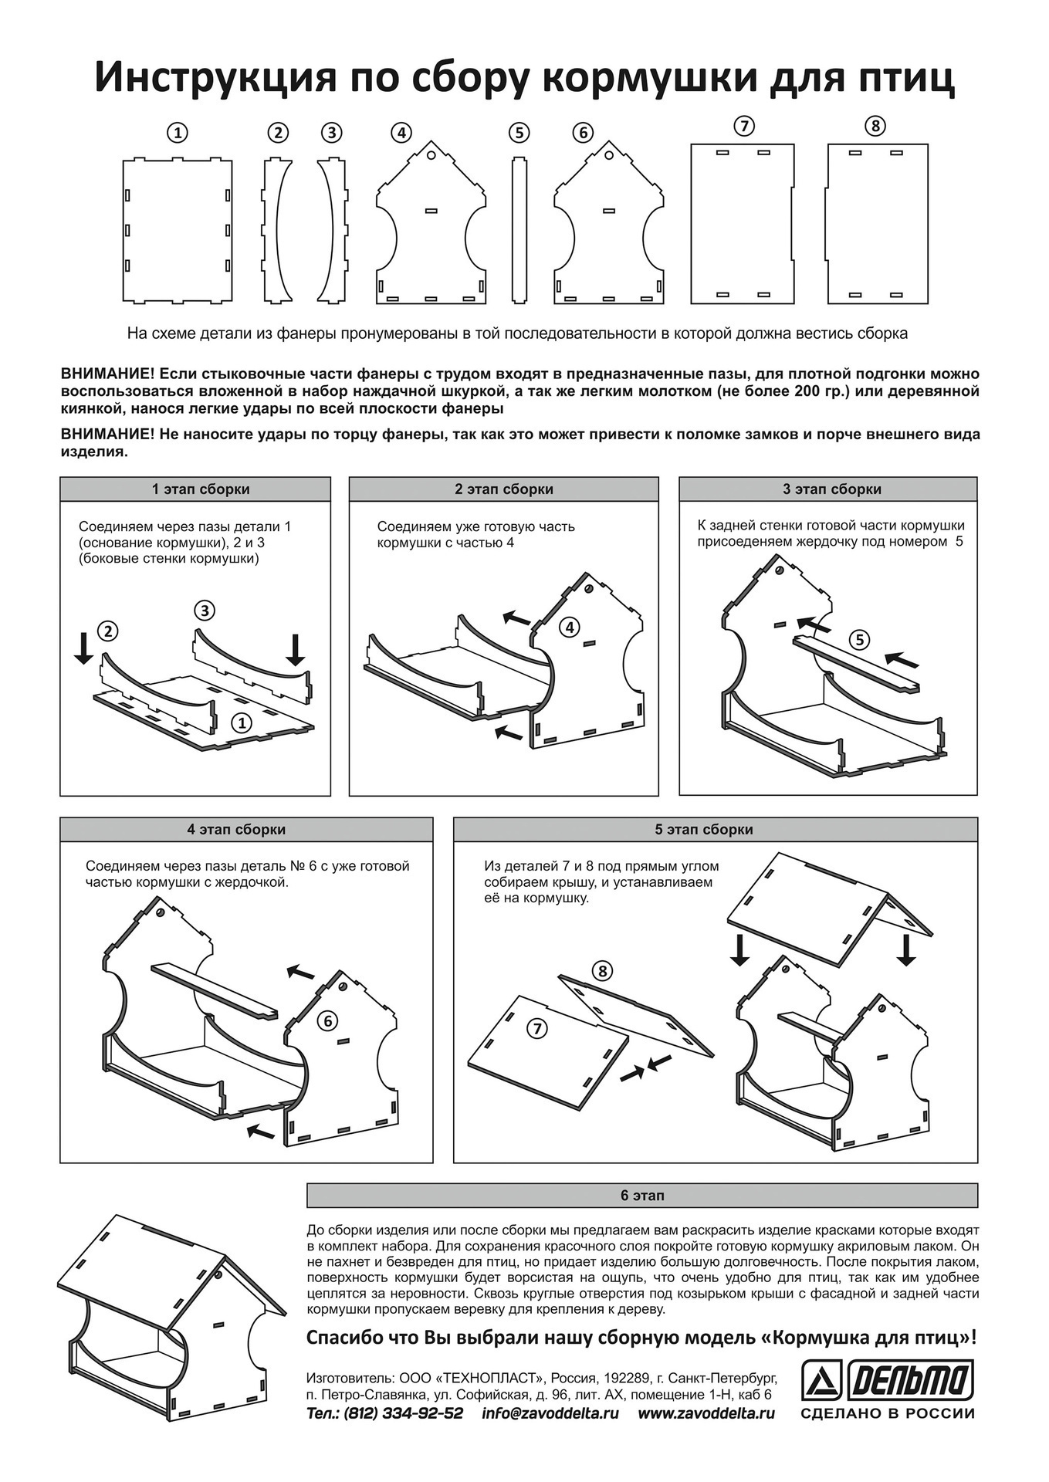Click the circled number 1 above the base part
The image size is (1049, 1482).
tap(178, 133)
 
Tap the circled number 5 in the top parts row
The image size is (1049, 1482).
tap(519, 133)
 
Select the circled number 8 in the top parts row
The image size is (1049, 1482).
tap(875, 126)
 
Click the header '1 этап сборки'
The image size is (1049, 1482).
tap(195, 489)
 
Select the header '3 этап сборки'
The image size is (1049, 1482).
tap(827, 489)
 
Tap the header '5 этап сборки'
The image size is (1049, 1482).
tap(715, 830)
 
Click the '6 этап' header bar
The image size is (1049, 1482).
tap(642, 1196)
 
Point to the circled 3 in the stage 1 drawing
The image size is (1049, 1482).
tap(204, 611)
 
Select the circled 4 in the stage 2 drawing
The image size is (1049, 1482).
tap(570, 627)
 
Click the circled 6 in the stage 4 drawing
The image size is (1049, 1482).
tap(327, 1020)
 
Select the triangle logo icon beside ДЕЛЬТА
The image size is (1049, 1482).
tap(821, 1380)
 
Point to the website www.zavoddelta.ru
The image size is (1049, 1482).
tap(706, 1413)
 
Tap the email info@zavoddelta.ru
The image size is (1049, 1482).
tap(550, 1413)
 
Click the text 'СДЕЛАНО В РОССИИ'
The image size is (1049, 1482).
tap(888, 1414)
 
